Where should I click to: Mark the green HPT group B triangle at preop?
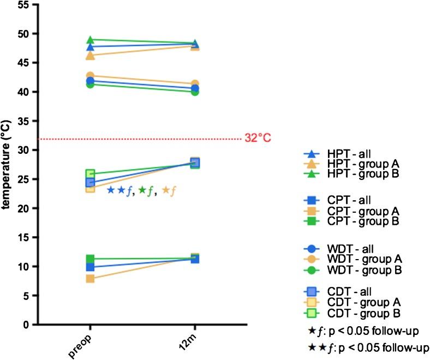(x=91, y=40)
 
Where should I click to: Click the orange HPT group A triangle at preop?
(x=91, y=56)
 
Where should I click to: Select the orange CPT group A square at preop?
(x=91, y=279)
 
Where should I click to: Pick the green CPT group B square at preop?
(x=91, y=259)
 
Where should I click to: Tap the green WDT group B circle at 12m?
(x=195, y=91)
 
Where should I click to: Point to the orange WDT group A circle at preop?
(x=91, y=76)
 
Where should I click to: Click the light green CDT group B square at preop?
(x=91, y=174)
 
